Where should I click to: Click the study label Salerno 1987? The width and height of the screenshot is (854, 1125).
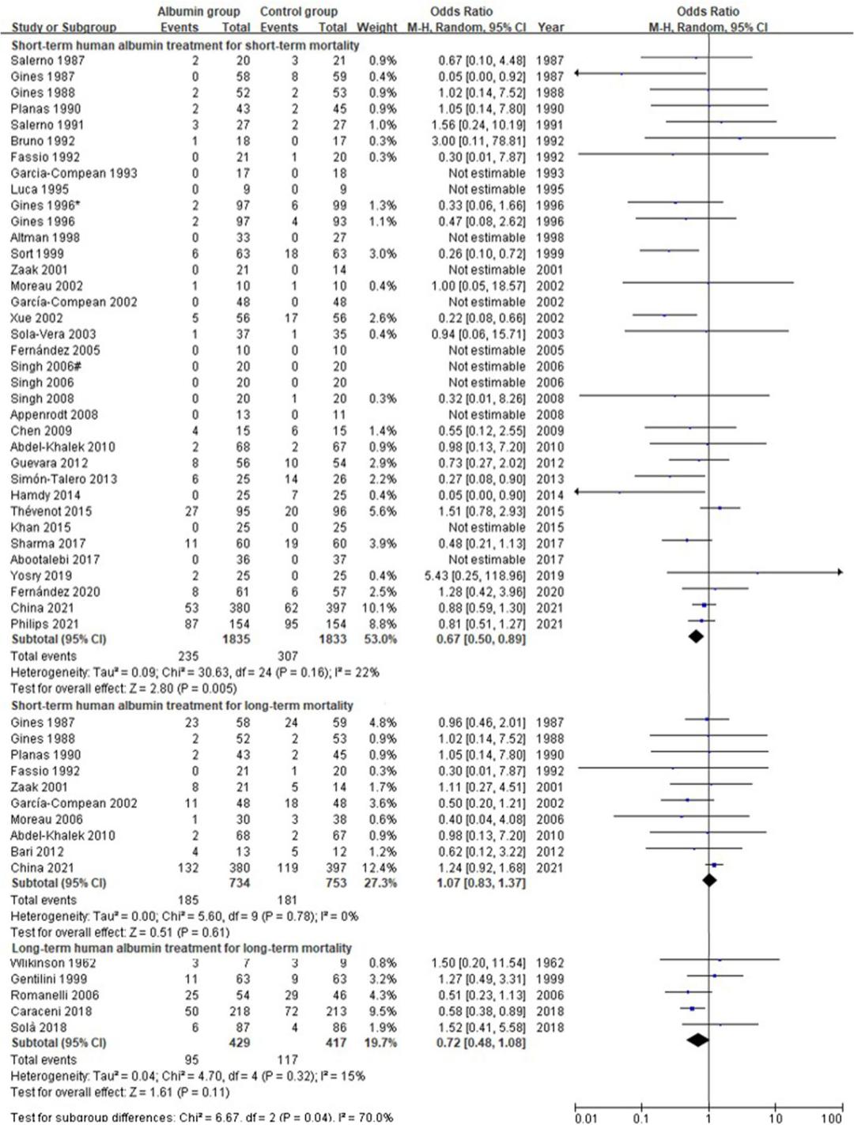pos(47,60)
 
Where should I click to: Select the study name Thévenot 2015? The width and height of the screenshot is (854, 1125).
pos(51,512)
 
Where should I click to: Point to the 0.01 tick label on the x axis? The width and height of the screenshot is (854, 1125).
pos(586,1118)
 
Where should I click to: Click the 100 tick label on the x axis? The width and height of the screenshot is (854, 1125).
pos(831,1118)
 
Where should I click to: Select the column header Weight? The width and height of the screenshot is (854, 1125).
pos(376,27)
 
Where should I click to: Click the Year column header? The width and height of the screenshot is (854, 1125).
pos(550,27)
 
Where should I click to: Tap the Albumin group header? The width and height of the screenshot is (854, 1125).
pos(198,12)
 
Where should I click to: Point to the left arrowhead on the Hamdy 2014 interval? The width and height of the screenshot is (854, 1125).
pos(578,491)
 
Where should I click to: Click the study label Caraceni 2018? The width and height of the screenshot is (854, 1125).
pos(51,1011)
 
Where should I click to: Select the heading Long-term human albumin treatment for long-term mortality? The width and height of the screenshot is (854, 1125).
pos(181,948)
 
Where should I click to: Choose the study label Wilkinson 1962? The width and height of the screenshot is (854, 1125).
pos(53,963)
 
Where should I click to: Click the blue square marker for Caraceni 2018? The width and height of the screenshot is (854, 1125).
pos(692,1008)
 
